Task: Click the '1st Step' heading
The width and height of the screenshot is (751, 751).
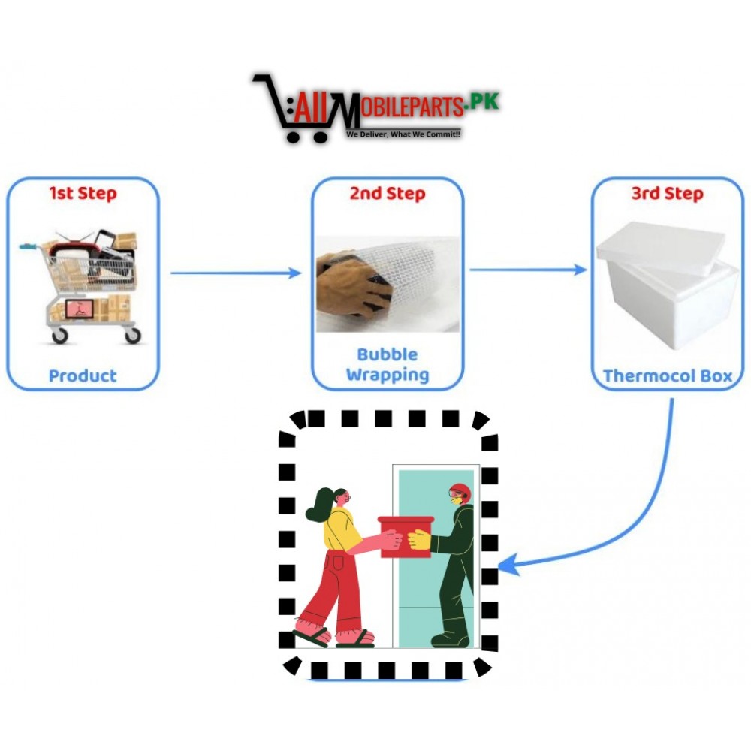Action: (x=83, y=194)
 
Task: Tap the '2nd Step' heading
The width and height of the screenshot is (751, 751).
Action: (x=388, y=194)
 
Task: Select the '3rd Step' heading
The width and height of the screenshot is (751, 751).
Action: (x=667, y=194)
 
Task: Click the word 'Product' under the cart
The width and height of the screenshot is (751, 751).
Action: (x=83, y=375)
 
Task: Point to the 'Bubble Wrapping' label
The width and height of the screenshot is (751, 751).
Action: (x=388, y=364)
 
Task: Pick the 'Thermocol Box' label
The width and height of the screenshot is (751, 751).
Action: (x=667, y=375)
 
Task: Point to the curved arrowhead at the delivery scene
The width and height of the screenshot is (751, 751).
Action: (x=507, y=565)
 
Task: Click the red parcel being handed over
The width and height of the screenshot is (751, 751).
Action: (x=406, y=536)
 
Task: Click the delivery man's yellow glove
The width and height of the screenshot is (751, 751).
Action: (x=419, y=539)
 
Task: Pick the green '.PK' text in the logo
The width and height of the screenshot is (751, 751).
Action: (x=482, y=102)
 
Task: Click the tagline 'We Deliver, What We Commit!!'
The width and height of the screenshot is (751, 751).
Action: (x=403, y=134)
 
